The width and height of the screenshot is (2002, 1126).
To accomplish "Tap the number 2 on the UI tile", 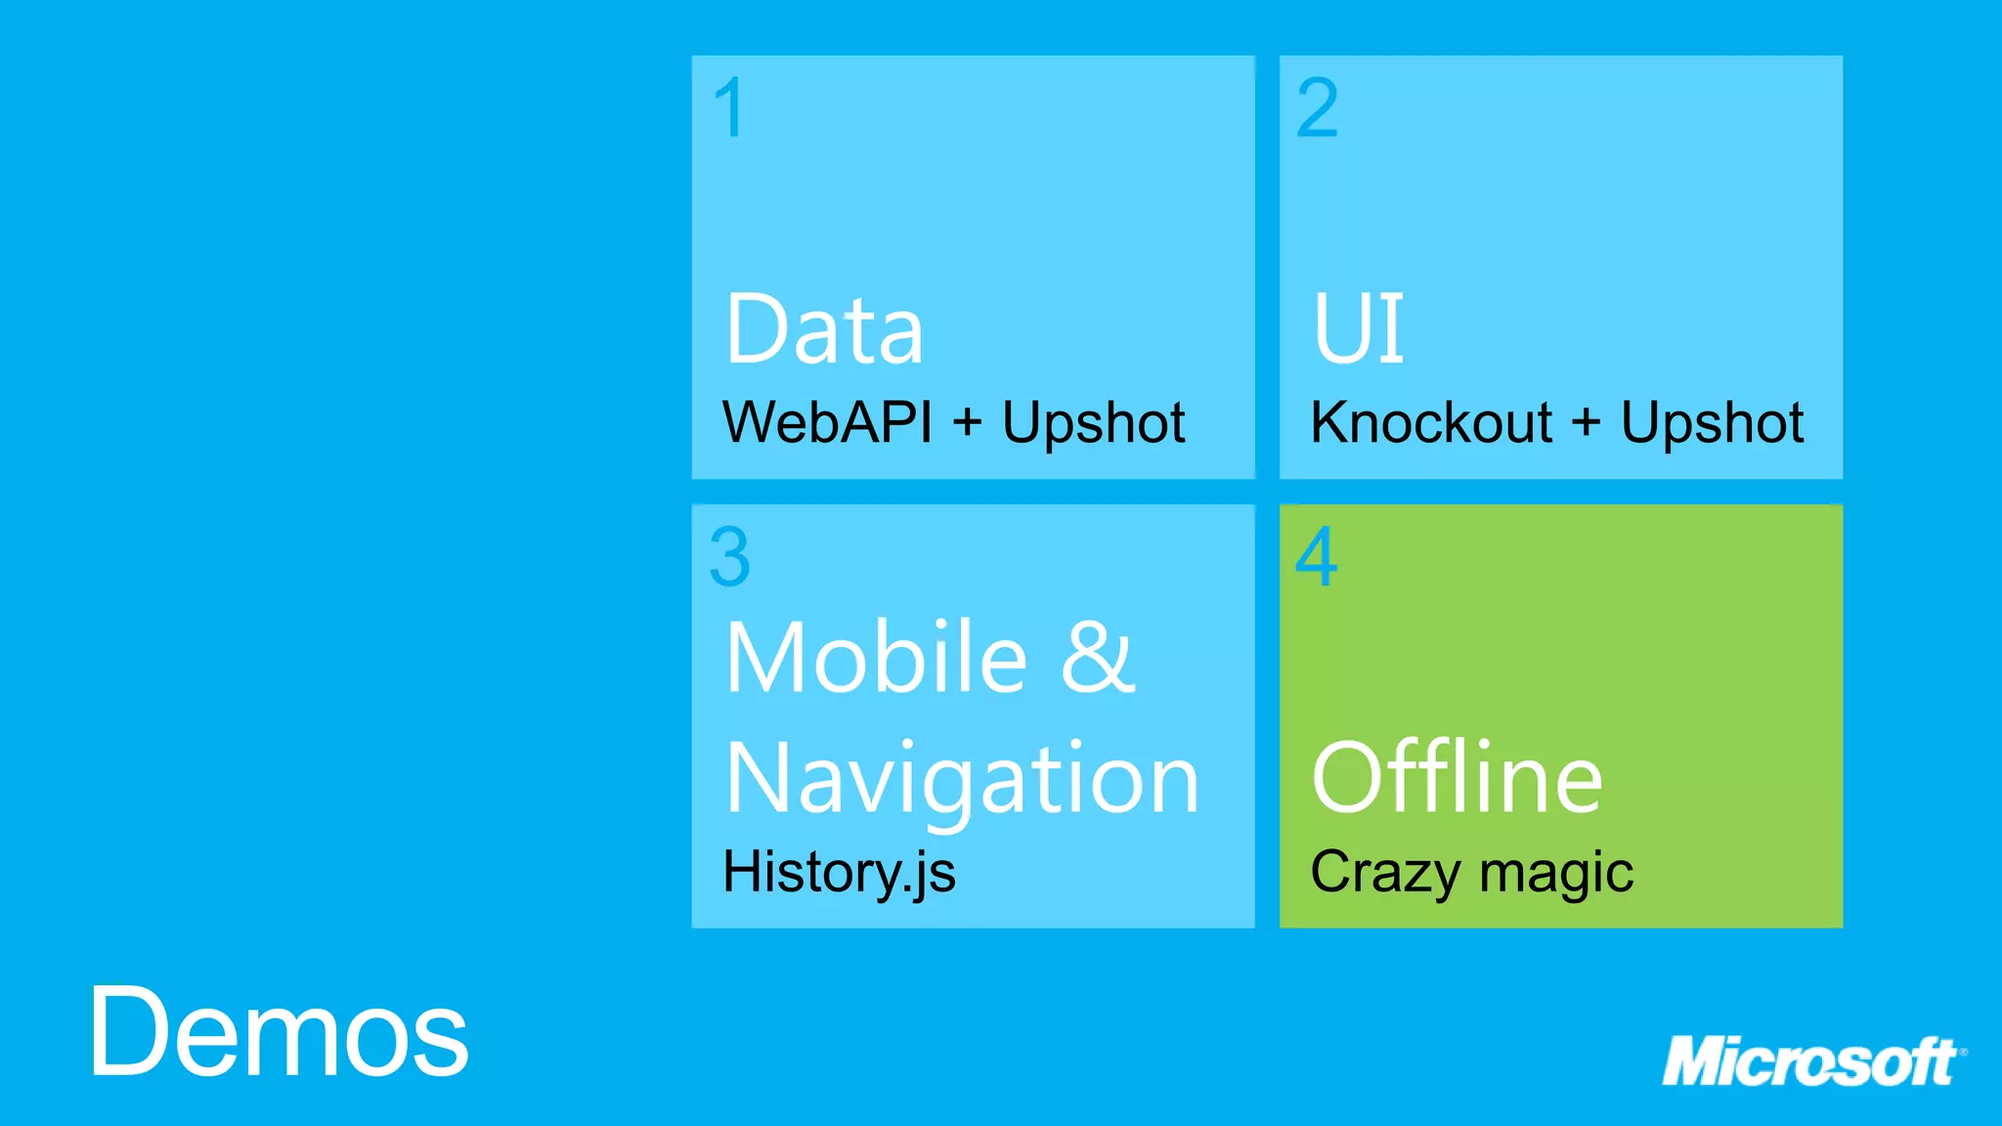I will [1317, 108].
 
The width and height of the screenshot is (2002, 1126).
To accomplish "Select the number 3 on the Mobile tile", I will [730, 557].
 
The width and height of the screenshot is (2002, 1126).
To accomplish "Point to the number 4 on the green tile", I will [1316, 556].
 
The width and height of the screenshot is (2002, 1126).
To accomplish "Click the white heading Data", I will [824, 329].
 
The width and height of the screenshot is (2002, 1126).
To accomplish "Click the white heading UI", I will [1358, 328].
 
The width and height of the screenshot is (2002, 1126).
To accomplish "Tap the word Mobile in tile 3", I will [876, 657].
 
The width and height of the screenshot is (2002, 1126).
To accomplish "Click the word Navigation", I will [962, 779].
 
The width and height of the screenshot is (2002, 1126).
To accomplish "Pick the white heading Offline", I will [1457, 778].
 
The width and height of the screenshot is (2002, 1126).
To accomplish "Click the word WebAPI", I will [827, 422].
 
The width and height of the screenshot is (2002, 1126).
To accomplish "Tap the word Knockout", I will [1431, 422].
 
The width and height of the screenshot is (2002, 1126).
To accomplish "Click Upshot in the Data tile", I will [1093, 424].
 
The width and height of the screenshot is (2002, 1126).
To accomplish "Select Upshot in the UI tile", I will [1712, 424].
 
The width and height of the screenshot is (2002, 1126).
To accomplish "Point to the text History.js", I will [839, 872].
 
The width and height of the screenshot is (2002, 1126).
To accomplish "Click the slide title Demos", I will [280, 1032].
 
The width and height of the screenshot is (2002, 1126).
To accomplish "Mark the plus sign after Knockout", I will [1586, 423].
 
